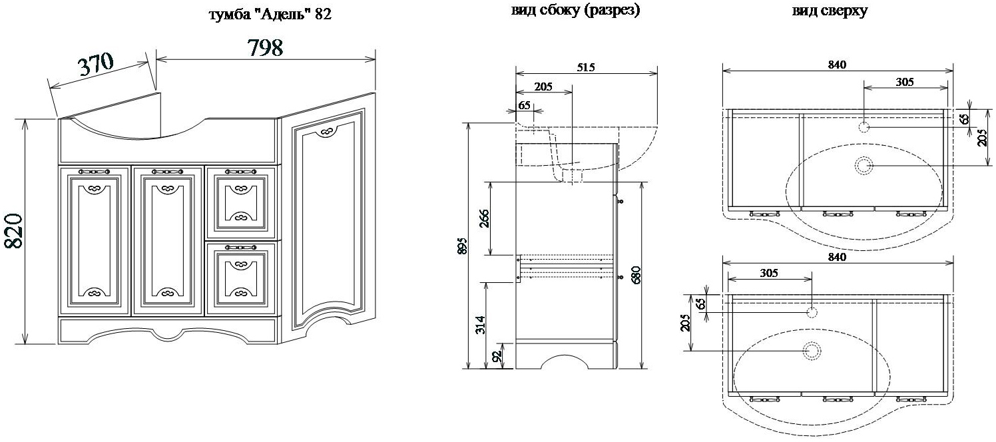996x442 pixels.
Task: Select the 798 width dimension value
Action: pos(265,48)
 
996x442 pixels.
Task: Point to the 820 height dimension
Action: pos(15,231)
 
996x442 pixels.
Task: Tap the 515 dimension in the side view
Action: pos(585,67)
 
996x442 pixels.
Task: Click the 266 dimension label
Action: pos(484,219)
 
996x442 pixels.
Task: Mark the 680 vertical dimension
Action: pos(636,275)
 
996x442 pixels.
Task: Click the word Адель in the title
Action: pos(276,15)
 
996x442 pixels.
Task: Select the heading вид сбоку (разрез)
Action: pos(576,11)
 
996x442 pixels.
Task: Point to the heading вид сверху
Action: pos(830,11)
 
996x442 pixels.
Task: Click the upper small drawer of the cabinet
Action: pos(240,202)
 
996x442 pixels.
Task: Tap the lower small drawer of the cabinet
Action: pos(240,277)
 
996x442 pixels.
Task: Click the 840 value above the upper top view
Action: pos(837,65)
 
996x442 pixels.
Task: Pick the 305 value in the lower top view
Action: pos(768,273)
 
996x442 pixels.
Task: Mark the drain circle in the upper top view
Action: pos(864,165)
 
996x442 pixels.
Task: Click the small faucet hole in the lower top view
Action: pos(812,312)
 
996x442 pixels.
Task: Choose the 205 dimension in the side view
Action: pos(543,86)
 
